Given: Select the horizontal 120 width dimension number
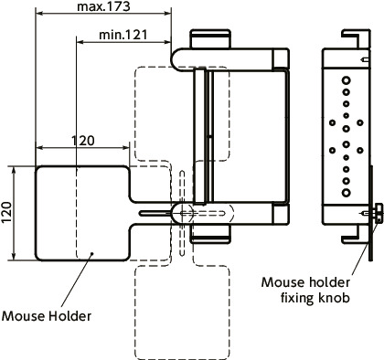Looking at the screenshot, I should click(x=82, y=141).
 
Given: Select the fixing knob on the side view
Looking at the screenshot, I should click(x=374, y=213).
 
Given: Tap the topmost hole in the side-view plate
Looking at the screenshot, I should click(x=345, y=80).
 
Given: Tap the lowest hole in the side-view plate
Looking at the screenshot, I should click(x=345, y=195).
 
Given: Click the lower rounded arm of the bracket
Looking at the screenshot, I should click(x=233, y=212).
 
